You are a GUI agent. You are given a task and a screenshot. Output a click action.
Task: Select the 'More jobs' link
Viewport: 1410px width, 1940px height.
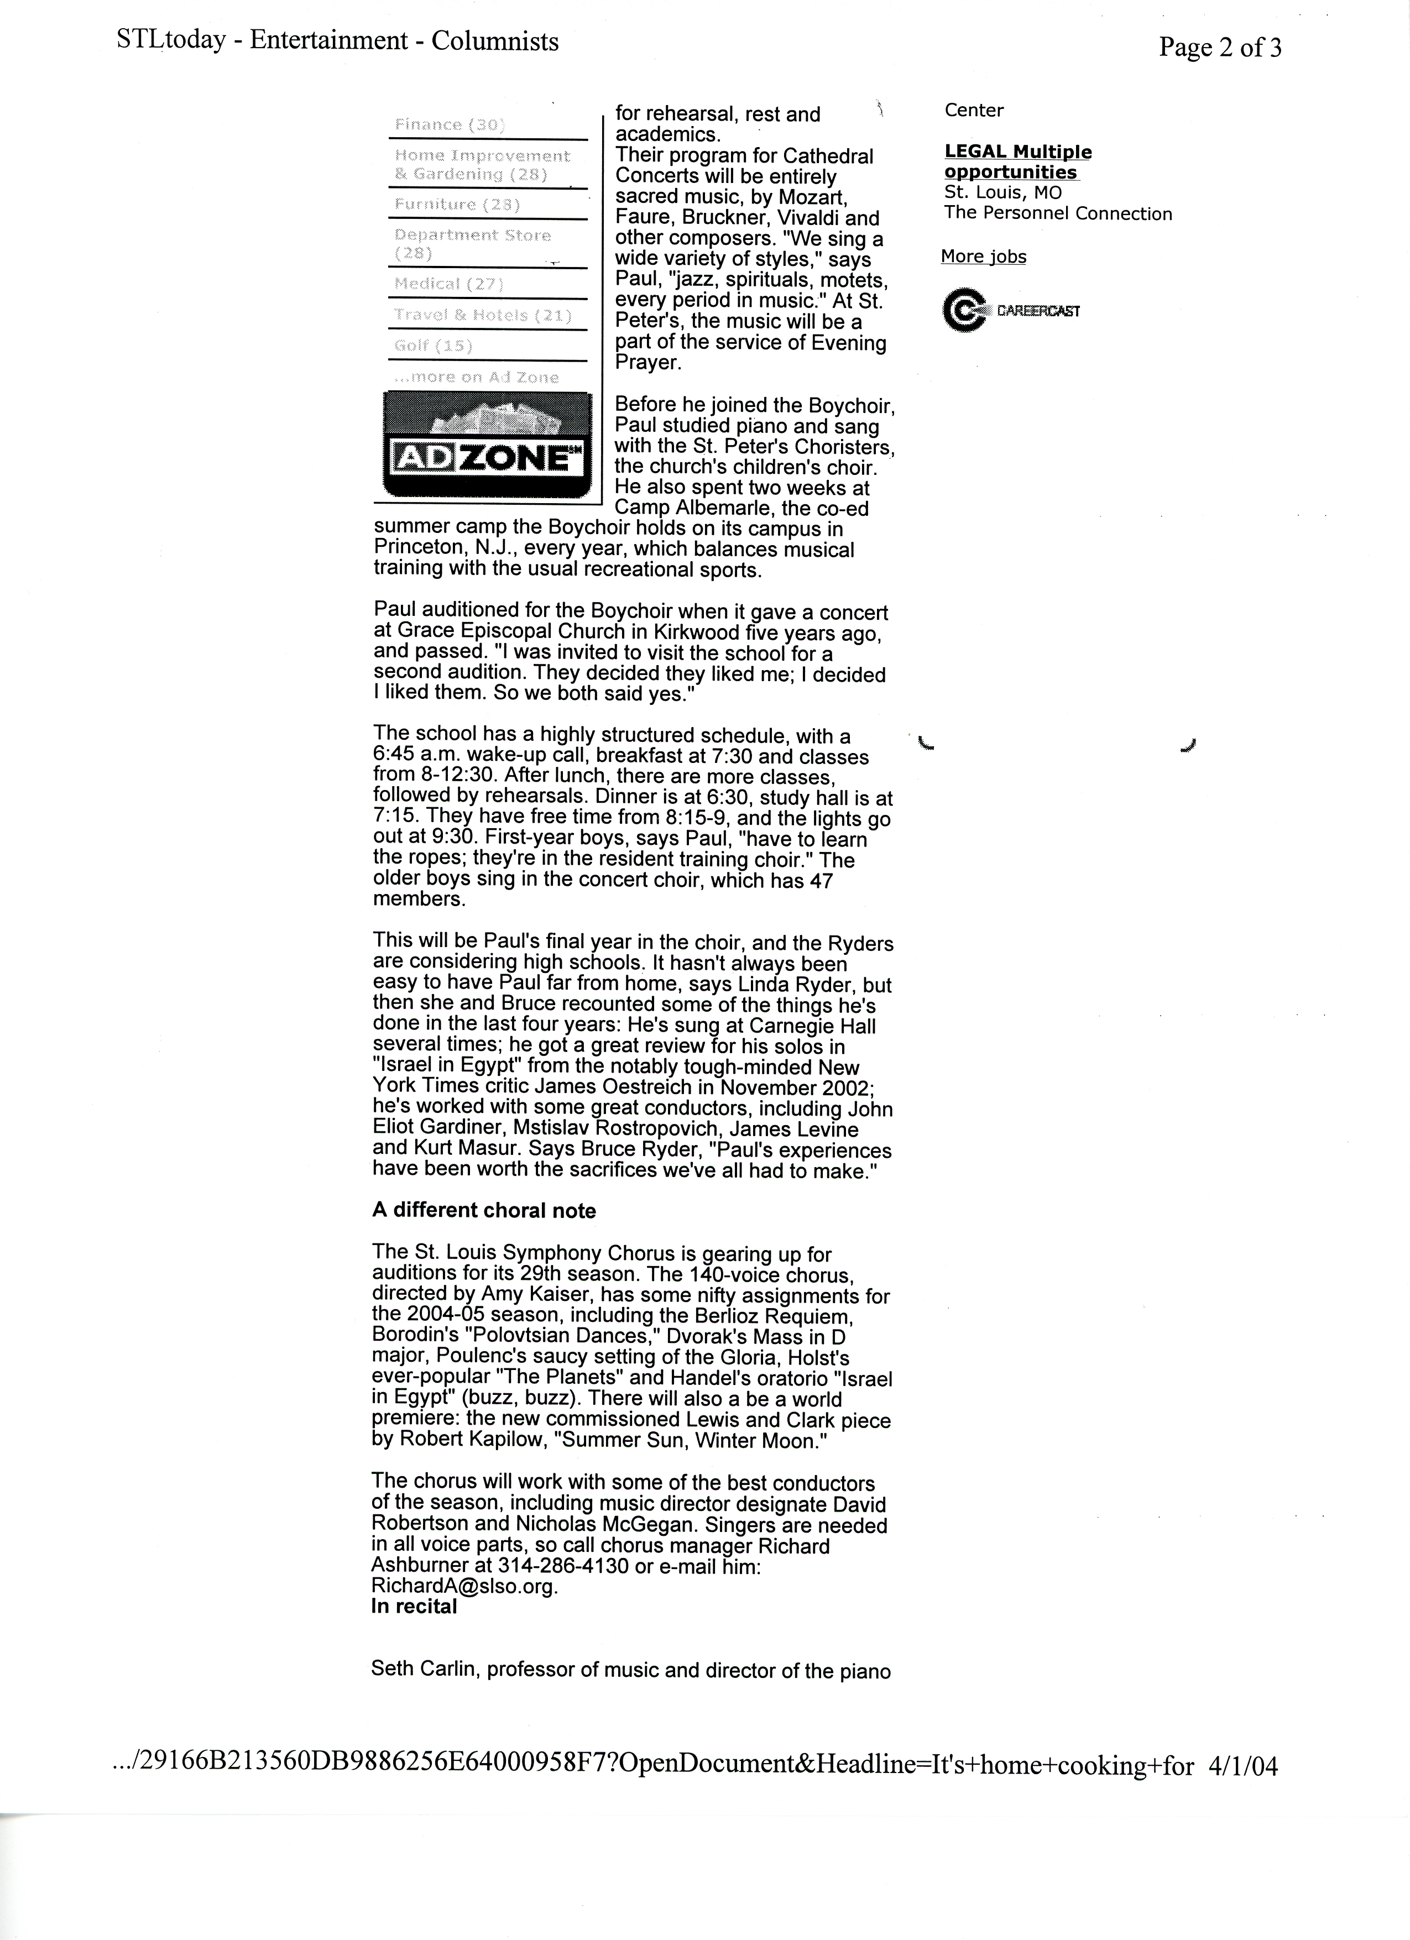click(x=983, y=257)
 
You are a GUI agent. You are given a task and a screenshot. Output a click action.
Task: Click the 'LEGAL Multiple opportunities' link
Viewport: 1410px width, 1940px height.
click(x=1017, y=161)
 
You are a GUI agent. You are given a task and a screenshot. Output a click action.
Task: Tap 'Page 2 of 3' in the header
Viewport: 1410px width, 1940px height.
click(x=1219, y=48)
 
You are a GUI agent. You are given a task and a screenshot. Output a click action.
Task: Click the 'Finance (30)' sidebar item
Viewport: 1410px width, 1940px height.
click(x=449, y=125)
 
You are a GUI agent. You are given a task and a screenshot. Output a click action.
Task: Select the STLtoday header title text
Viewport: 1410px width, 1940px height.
click(x=337, y=41)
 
